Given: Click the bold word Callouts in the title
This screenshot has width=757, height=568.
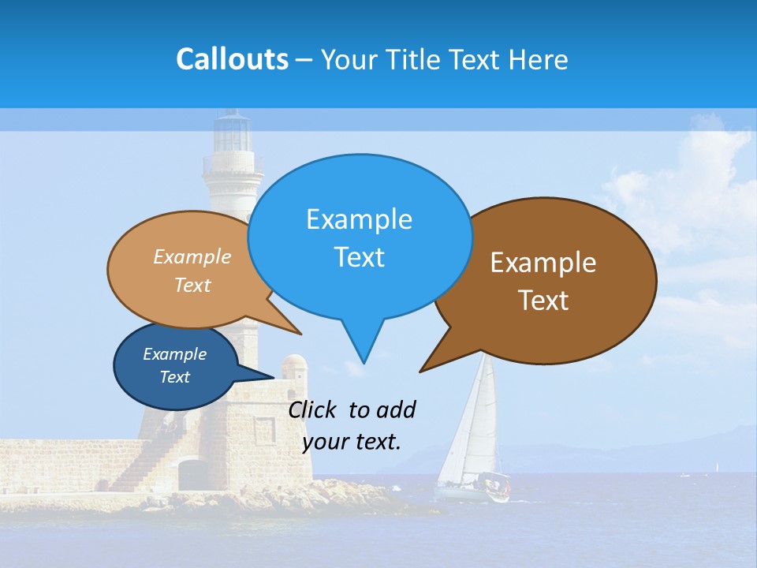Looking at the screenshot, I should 232,59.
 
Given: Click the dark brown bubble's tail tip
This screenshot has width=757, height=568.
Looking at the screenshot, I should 420,371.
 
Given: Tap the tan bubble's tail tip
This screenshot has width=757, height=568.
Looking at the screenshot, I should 300,334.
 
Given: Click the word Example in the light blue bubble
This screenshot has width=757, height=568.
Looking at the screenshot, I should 359,219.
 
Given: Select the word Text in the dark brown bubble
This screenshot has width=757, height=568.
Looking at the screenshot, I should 543,301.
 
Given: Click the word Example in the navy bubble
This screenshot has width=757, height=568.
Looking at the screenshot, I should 174,354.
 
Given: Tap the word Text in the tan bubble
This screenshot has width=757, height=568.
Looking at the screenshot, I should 192,286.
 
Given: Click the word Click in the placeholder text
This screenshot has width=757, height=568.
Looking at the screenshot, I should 313,409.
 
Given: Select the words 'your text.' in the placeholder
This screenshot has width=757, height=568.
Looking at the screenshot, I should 352,442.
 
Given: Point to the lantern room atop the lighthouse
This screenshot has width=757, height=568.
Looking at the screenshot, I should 233,132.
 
